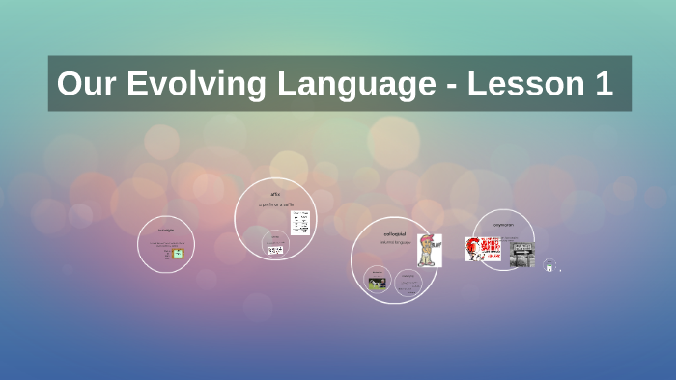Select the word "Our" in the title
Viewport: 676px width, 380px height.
click(x=84, y=84)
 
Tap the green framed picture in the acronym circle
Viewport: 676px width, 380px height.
click(x=178, y=254)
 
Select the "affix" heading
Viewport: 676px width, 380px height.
click(x=275, y=195)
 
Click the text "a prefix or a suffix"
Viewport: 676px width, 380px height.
click(x=275, y=204)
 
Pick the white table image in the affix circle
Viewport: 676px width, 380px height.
click(x=301, y=223)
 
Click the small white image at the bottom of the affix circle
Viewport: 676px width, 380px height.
click(x=275, y=249)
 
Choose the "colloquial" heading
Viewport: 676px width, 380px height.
click(x=394, y=233)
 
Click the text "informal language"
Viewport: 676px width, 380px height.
click(x=394, y=242)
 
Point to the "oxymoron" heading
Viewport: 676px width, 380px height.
click(x=503, y=225)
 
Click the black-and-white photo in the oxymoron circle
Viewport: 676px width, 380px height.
click(x=521, y=253)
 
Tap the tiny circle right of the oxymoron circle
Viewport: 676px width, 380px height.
click(x=549, y=264)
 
